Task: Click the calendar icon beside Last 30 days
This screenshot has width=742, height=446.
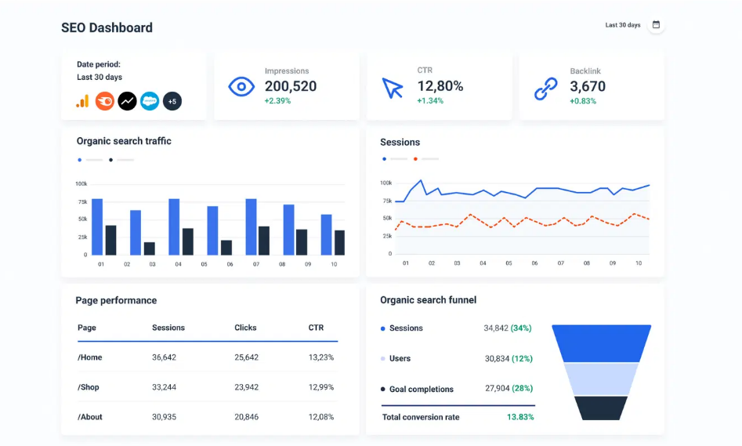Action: coord(656,24)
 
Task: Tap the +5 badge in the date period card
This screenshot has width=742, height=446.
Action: coord(172,101)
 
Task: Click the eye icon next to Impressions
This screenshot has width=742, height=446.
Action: coord(241,87)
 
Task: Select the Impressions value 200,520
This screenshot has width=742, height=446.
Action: coord(291,86)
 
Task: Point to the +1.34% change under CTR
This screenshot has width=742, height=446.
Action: coord(430,101)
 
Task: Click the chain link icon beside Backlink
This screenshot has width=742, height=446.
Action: coord(546,89)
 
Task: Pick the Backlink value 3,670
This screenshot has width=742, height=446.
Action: coord(588,86)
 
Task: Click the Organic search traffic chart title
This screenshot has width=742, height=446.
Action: coord(124,141)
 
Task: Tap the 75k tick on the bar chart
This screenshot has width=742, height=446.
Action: coord(83,201)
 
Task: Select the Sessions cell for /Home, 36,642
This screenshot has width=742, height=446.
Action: coord(165,357)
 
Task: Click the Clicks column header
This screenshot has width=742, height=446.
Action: coord(245,328)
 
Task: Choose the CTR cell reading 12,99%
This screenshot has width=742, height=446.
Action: coord(321,387)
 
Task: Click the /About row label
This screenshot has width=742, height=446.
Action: coord(90,417)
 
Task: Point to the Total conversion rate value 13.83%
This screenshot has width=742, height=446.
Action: coord(520,417)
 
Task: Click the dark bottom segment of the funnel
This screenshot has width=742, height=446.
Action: coord(601,408)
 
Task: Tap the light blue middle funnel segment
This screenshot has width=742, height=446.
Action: coord(601,379)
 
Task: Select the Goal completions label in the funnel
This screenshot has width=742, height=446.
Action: coord(422,390)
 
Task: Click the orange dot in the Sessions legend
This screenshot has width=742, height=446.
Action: coord(415,159)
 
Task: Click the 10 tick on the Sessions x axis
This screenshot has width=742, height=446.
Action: coord(639,263)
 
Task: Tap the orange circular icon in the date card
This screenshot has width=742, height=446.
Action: coord(104,101)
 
